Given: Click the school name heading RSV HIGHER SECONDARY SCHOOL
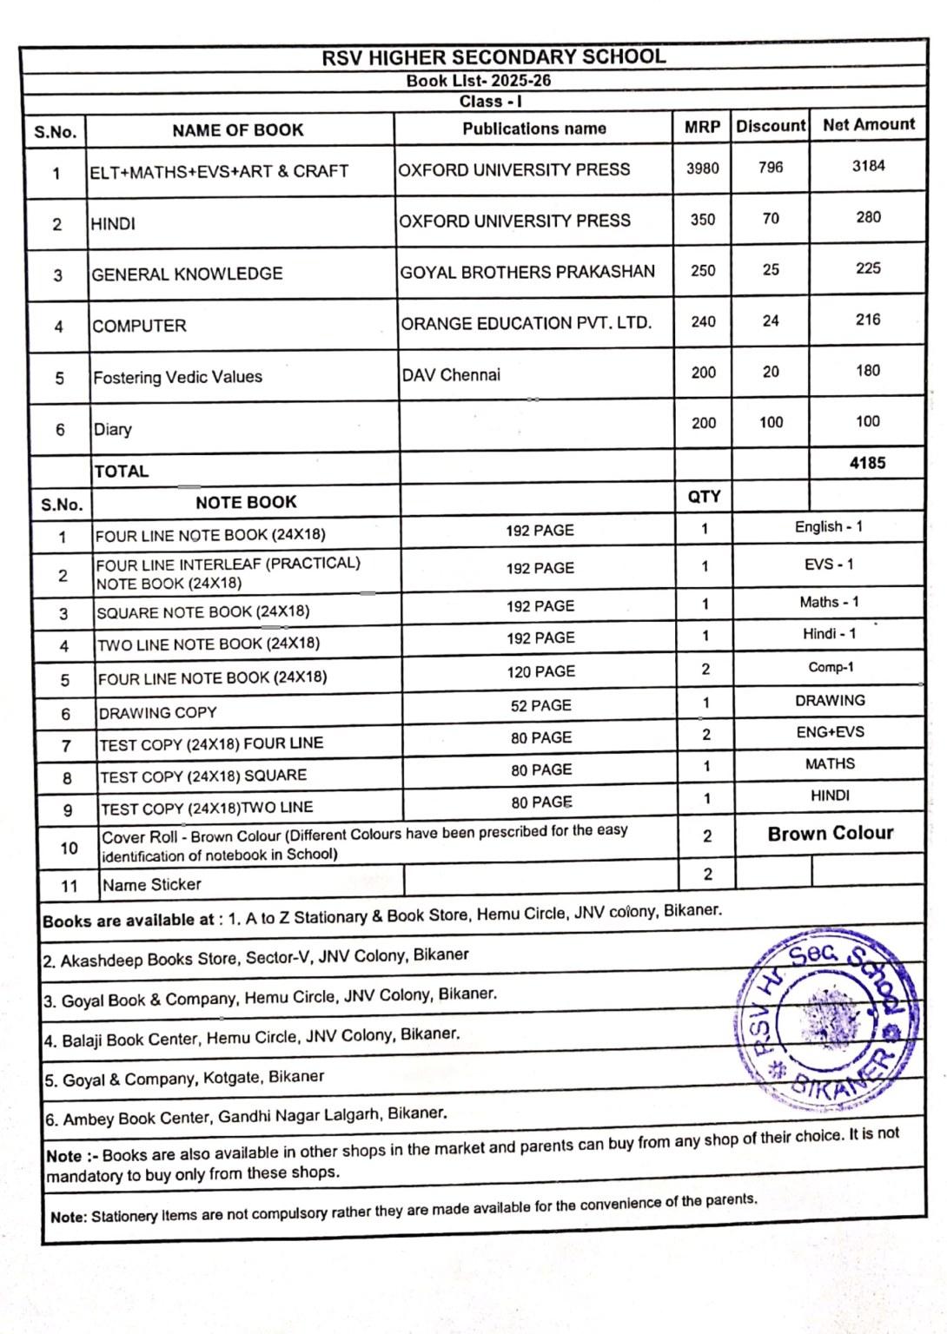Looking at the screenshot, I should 493,57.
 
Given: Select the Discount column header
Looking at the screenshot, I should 771,126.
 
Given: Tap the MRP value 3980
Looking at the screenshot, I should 702,168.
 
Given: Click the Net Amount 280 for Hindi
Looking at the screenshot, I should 868,217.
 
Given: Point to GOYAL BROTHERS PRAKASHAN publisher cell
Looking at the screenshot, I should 527,272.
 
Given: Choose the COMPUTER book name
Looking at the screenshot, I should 139,327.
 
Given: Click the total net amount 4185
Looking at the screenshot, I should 867,463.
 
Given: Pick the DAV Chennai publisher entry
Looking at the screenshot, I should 451,375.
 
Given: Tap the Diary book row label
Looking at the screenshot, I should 113,429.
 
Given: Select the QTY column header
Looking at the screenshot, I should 704,497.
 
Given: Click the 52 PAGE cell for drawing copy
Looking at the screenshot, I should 540,705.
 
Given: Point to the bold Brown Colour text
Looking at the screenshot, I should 830,834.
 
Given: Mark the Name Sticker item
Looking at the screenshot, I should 152,885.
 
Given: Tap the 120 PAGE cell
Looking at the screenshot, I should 540,671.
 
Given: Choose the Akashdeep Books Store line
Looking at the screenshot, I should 256,958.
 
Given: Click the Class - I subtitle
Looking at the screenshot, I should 491,102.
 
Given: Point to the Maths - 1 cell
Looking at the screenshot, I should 829,602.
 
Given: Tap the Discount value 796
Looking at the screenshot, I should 771,167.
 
